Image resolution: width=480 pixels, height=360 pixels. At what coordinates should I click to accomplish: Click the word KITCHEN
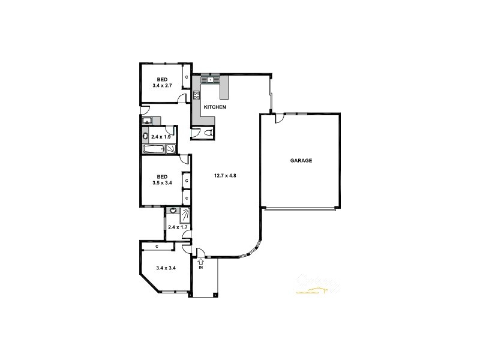215,107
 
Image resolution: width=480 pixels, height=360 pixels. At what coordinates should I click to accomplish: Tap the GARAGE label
301,161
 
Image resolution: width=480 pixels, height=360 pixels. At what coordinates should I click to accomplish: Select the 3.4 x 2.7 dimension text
162,86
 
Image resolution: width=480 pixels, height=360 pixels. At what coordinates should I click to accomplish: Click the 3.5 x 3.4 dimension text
163,183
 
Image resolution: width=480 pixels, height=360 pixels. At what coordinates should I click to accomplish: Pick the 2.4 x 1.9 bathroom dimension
161,137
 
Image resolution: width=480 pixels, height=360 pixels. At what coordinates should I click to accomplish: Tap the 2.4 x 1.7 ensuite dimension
178,227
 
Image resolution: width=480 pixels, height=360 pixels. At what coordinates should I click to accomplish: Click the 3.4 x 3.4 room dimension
165,268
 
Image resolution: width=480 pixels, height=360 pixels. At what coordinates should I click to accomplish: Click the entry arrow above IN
201,261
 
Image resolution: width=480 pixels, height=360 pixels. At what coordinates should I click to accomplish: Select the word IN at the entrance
201,268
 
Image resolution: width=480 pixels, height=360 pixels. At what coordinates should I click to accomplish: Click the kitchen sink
211,79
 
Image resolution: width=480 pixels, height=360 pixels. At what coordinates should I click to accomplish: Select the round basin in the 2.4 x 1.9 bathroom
146,136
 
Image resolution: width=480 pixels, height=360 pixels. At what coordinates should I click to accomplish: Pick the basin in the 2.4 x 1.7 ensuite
173,211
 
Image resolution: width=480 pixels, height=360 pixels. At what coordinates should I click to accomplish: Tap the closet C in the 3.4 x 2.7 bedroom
186,77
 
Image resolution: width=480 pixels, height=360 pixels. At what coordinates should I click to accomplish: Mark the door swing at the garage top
278,119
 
